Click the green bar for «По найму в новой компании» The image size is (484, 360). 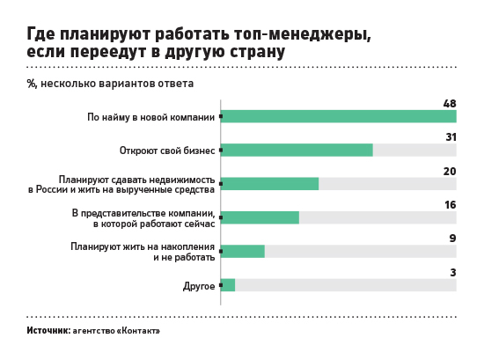pyautogui.click(x=339, y=116)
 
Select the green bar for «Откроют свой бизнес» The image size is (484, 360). pyautogui.click(x=297, y=150)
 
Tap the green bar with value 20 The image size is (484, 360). pyautogui.click(x=269, y=184)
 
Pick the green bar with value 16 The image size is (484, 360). pyautogui.click(x=260, y=217)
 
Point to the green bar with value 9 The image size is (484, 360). pyautogui.click(x=243, y=252)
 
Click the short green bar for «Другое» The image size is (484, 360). pyautogui.click(x=228, y=285)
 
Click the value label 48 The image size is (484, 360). pyautogui.click(x=450, y=104)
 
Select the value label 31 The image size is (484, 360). pyautogui.click(x=451, y=137)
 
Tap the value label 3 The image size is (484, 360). pyautogui.click(x=453, y=272)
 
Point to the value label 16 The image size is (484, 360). pyautogui.click(x=451, y=205)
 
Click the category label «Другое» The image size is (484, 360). pyautogui.click(x=199, y=286)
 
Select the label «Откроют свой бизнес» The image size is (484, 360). pyautogui.click(x=167, y=151)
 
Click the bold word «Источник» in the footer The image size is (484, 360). pyautogui.click(x=48, y=330)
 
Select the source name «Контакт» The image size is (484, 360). pyautogui.click(x=138, y=331)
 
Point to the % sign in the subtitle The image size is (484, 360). pyautogui.click(x=32, y=84)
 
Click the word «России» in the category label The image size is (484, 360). pyautogui.click(x=52, y=189)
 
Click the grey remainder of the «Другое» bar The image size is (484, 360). pyautogui.click(x=346, y=285)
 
